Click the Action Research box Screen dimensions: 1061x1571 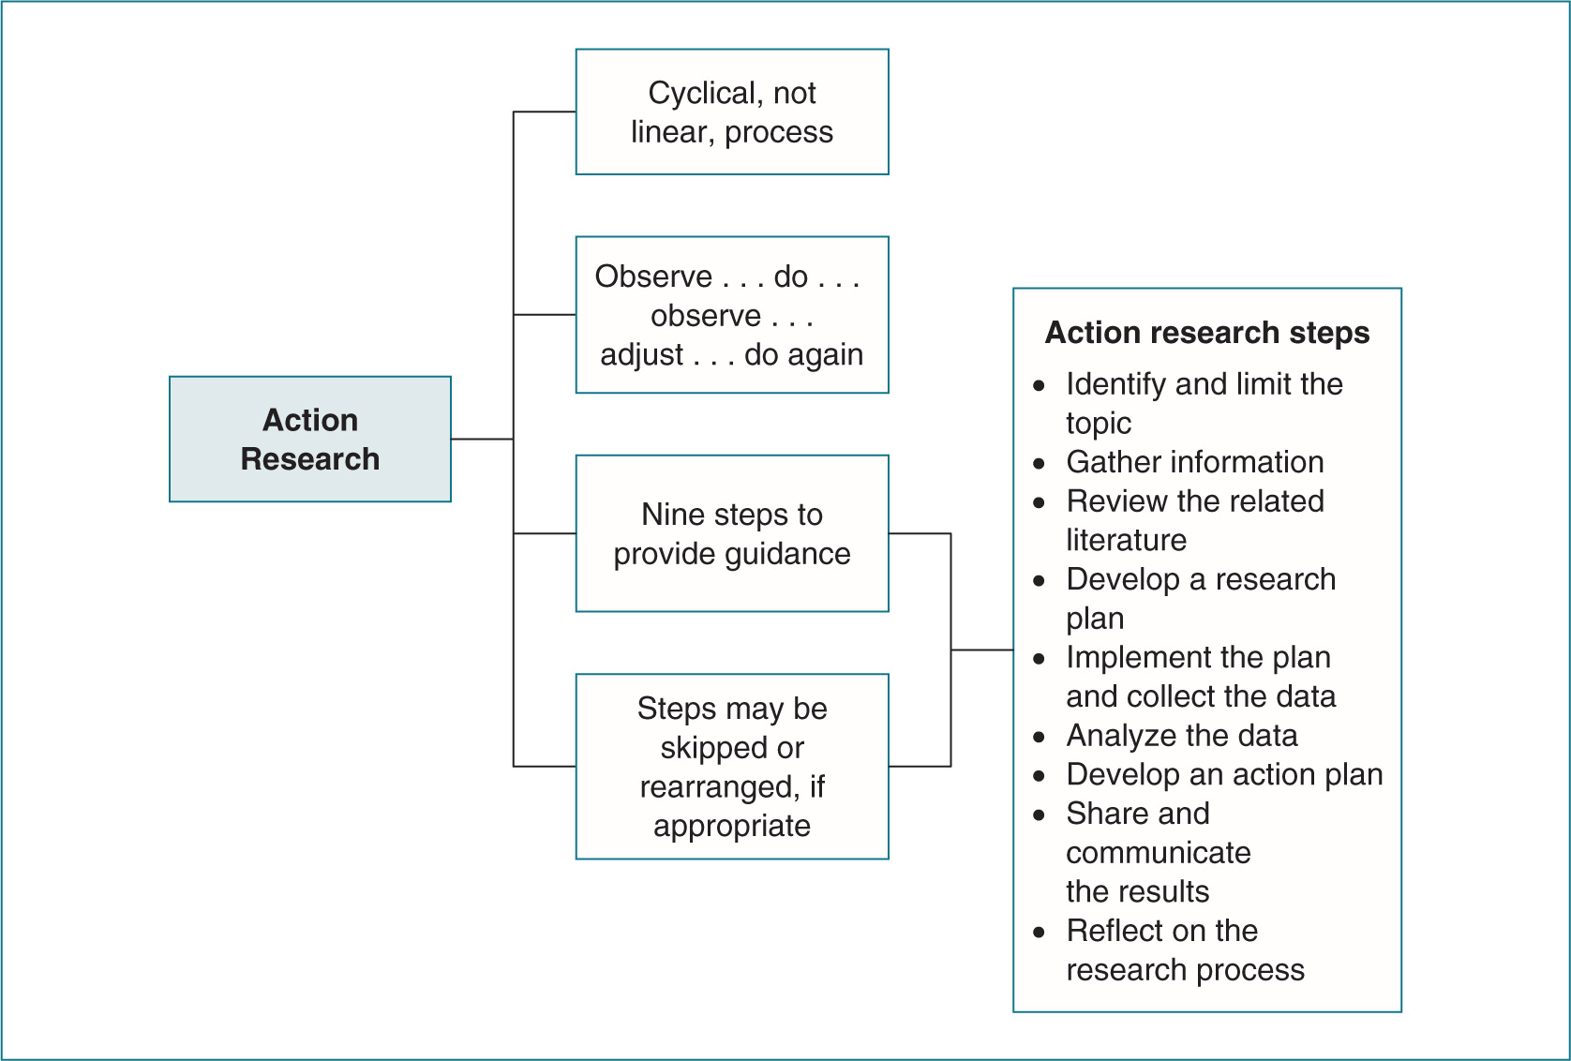click(309, 439)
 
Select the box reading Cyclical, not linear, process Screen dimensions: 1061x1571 click(731, 112)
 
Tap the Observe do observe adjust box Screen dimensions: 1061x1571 click(731, 315)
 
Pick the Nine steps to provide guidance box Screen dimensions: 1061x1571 click(731, 533)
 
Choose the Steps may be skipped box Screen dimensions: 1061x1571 click(731, 766)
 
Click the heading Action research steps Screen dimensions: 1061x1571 click(1206, 333)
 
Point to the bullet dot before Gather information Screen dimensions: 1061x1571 click(1039, 463)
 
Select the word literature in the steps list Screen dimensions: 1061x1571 click(1126, 541)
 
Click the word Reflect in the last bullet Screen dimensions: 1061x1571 click(1109, 931)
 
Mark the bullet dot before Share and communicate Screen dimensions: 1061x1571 click(1039, 815)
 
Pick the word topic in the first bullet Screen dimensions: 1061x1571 click(1098, 424)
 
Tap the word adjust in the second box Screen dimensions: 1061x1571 click(642, 355)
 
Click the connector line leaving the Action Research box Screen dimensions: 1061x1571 click(482, 439)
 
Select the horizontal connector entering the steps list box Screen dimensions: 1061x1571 click(981, 650)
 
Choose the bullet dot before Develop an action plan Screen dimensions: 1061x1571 click(1039, 776)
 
